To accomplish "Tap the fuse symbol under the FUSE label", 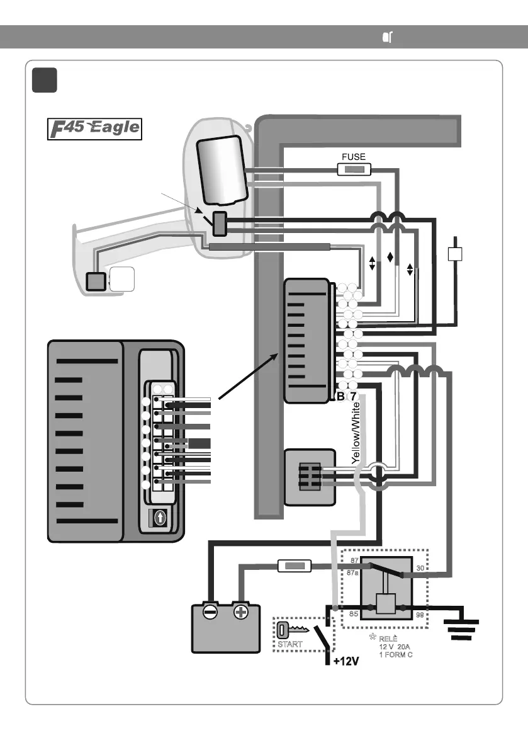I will tap(354, 169).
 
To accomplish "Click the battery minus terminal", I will tap(211, 611).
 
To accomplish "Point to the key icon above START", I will tap(293, 630).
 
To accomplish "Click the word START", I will tap(290, 644).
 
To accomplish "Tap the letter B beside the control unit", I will tap(340, 397).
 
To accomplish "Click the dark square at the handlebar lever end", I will tap(96, 280).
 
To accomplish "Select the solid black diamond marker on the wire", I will tap(390, 257).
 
